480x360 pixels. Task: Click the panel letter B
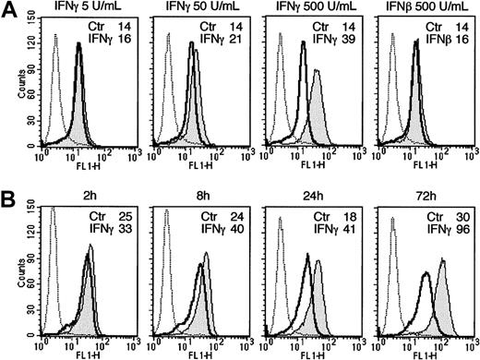pyautogui.click(x=8, y=197)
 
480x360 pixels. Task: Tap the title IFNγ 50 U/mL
pyautogui.click(x=194, y=7)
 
